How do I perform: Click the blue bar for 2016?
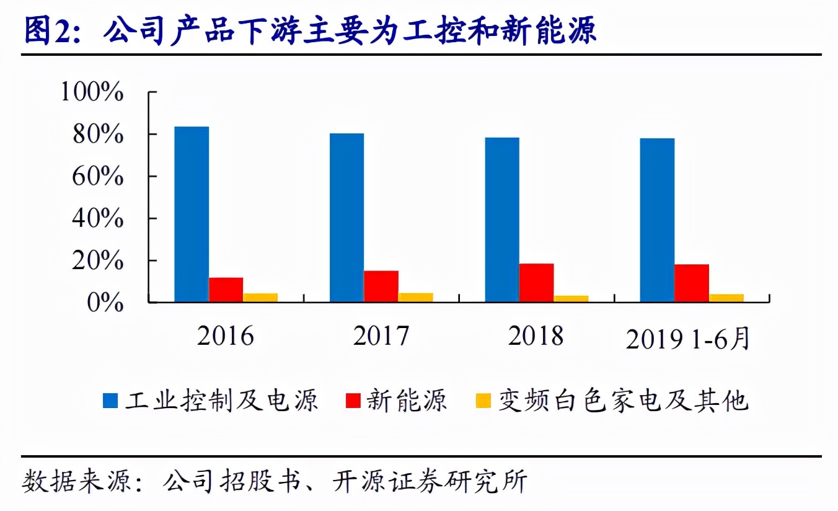click(192, 215)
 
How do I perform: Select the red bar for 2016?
click(226, 290)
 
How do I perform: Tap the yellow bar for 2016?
click(260, 298)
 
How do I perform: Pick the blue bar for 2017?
click(346, 218)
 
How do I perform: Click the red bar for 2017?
click(381, 287)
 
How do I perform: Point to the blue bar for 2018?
click(502, 220)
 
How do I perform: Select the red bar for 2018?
click(536, 283)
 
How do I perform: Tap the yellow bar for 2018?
click(571, 299)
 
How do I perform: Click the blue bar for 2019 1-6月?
click(657, 220)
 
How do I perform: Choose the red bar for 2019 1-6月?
click(692, 283)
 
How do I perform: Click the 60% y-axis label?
click(98, 177)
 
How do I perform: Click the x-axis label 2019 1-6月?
click(688, 339)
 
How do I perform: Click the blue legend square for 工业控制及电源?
click(110, 401)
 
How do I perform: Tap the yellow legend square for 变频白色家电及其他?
click(483, 401)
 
